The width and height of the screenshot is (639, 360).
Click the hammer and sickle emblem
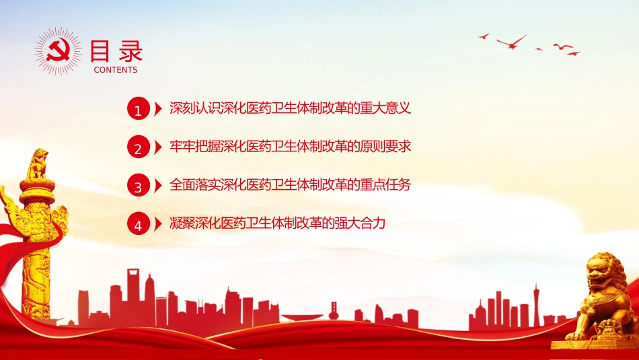[x=58, y=51]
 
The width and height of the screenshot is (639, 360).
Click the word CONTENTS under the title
[x=116, y=70]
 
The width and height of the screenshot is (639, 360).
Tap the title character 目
[x=100, y=51]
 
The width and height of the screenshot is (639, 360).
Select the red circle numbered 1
[x=139, y=108]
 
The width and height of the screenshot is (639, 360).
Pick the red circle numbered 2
[x=139, y=147]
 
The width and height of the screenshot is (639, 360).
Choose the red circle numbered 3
[x=139, y=186]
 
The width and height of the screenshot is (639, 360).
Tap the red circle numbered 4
[x=139, y=224]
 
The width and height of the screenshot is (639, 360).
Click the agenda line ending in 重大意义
[x=290, y=108]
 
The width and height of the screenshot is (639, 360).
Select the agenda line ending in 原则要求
[x=290, y=147]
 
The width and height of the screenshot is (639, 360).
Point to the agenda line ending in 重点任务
[x=290, y=184]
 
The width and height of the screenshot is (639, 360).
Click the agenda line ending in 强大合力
[x=278, y=223]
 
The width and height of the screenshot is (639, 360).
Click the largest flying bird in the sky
[x=511, y=42]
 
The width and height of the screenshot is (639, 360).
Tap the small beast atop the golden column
[x=38, y=164]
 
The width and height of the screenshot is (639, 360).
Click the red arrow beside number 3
[x=158, y=186]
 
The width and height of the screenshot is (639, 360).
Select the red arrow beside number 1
[x=158, y=108]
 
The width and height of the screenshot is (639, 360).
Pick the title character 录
[x=130, y=51]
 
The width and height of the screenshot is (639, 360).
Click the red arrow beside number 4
[x=158, y=224]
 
